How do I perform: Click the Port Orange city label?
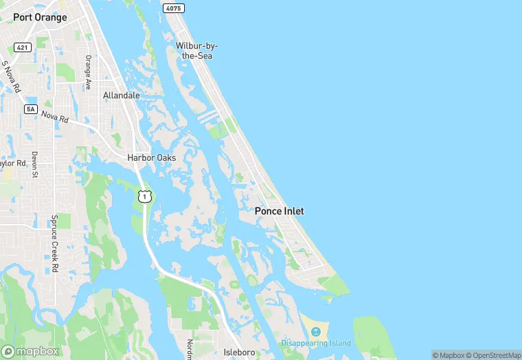[x=40, y=17]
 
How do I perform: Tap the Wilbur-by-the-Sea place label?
[x=196, y=50]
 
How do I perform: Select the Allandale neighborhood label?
[x=122, y=95]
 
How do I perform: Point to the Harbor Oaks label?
[x=151, y=157]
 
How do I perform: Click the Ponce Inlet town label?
[x=279, y=211]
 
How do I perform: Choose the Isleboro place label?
[x=240, y=352]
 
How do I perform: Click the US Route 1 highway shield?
[x=144, y=196]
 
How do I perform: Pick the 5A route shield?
[x=30, y=109]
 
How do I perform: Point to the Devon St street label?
[x=34, y=165]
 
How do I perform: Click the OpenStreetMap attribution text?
[x=493, y=355]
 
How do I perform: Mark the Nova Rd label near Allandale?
[x=55, y=117]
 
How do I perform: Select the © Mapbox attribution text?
[x=448, y=355]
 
